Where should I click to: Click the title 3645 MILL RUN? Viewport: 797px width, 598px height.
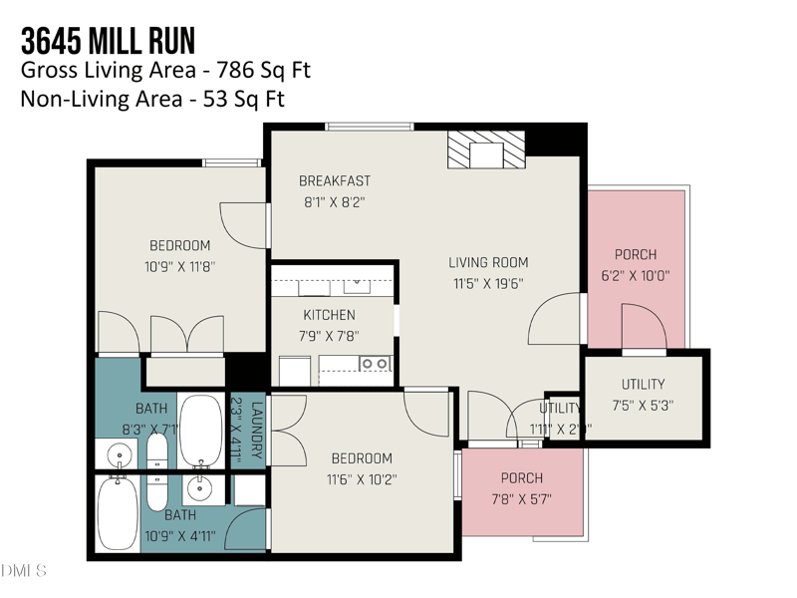pos(108,41)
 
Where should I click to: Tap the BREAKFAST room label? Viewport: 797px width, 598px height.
pos(335,181)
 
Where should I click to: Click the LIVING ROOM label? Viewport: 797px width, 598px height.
pos(487,263)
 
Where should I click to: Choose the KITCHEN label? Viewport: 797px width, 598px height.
pos(329,316)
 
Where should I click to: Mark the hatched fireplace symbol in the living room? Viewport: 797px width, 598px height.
pos(485,152)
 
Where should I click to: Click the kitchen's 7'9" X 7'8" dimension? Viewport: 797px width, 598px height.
pos(329,336)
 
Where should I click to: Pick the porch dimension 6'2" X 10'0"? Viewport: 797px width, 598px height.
pos(635,276)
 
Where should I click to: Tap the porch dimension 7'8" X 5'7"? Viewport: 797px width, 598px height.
pos(521,499)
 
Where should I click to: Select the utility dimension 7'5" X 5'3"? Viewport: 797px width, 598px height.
pos(643,406)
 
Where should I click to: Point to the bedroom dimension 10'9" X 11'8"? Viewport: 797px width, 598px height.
pos(179,266)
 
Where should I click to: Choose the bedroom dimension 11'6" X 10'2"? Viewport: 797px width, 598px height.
pos(362,479)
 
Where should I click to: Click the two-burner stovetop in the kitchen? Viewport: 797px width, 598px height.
pos(375,364)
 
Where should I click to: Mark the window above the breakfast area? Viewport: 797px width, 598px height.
pos(370,127)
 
